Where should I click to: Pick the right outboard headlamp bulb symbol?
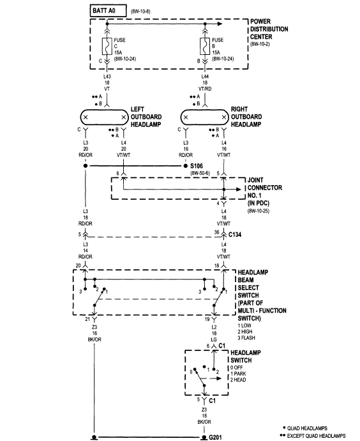coord(206,117)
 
